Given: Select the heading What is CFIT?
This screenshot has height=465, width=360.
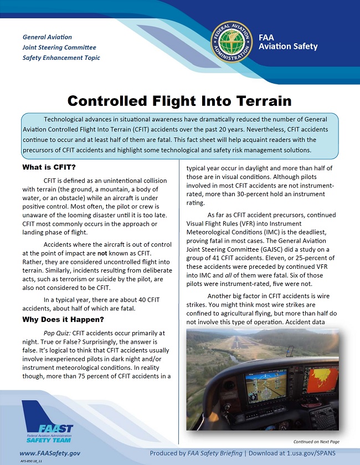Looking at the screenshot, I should point(49,167).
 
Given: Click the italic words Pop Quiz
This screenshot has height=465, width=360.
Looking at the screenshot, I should point(56,333).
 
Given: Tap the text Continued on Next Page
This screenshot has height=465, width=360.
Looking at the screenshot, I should point(316,441).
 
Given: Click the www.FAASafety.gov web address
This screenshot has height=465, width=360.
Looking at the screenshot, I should point(50,453).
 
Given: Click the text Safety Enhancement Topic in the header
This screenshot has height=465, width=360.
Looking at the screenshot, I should point(61,58).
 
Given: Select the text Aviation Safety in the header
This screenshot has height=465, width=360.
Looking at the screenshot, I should point(288,47).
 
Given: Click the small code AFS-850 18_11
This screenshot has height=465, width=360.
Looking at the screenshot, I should point(32,461).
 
